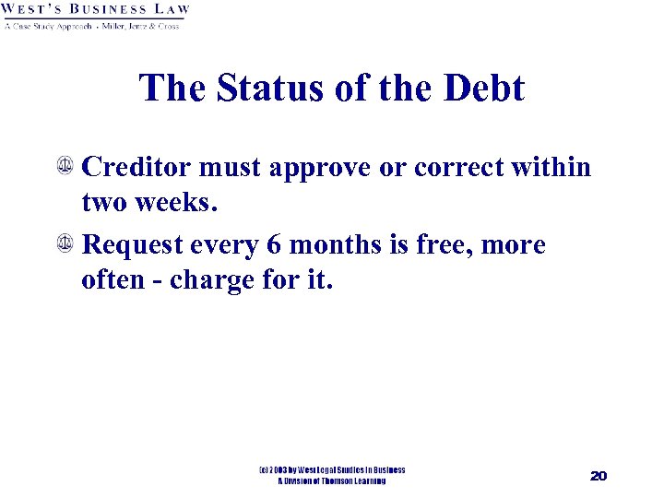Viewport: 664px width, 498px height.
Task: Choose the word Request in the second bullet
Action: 136,246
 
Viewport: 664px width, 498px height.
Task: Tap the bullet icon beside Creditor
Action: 66,168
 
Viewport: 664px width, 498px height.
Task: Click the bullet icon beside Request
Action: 66,245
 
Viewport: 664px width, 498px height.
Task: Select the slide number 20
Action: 598,476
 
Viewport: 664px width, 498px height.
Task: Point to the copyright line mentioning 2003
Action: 332,470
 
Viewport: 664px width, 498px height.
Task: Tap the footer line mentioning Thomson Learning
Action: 332,481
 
